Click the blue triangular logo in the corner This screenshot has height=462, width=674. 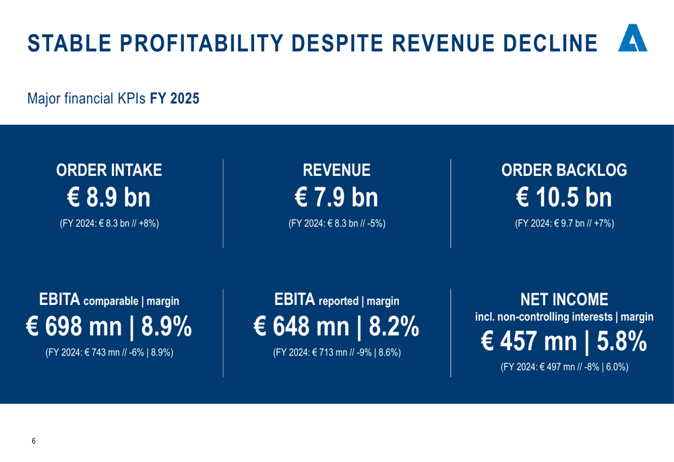(633, 40)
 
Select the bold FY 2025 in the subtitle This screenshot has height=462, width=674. (175, 98)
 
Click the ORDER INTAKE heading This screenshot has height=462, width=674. (109, 171)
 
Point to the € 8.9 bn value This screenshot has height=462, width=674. (109, 198)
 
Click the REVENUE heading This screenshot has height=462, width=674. (336, 171)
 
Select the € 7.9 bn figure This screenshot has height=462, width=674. (336, 198)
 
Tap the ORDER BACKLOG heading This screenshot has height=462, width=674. (564, 171)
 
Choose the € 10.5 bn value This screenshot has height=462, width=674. (564, 198)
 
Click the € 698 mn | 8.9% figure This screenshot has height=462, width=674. (109, 327)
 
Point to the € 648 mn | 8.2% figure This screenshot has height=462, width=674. (336, 327)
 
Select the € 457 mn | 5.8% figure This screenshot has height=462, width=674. (564, 342)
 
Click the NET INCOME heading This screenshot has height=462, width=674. (564, 299)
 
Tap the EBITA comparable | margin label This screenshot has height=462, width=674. (109, 300)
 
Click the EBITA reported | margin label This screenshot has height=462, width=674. (336, 300)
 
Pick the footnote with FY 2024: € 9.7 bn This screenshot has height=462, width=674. (564, 223)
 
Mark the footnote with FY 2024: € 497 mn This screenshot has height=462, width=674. (564, 367)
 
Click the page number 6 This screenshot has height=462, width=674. (34, 441)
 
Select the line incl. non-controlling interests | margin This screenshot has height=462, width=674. (564, 316)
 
